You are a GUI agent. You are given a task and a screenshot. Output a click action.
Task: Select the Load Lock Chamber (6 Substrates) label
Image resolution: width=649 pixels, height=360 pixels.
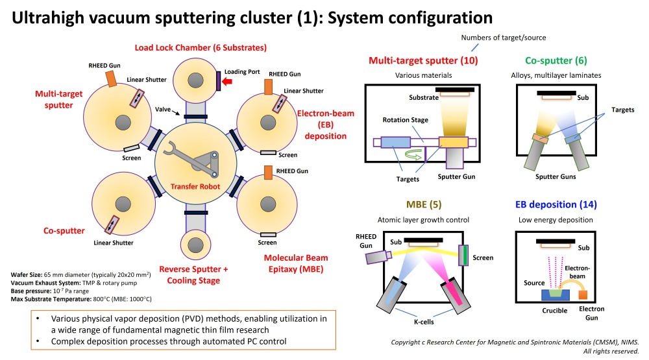pos(201,47)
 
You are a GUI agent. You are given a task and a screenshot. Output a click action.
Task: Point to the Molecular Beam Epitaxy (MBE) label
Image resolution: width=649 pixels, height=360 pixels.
pos(294,263)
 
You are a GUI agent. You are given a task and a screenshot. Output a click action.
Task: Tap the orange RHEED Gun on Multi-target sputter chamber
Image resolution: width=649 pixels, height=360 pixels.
pos(111,78)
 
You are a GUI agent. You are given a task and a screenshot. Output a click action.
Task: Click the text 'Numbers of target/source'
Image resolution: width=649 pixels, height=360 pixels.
pos(503,37)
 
